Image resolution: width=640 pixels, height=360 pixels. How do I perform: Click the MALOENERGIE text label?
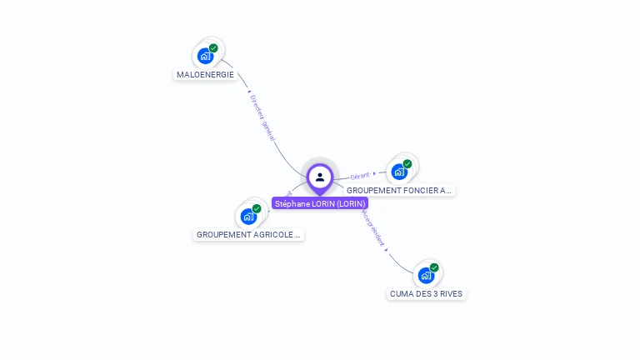(205, 74)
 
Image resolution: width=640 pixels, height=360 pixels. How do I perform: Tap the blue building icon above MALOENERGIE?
(205, 57)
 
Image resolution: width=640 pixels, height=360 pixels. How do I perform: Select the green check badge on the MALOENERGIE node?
(213, 48)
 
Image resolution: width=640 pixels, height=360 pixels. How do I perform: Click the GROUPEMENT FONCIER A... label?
(399, 190)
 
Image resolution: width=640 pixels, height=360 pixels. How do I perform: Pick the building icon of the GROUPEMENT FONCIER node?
(399, 172)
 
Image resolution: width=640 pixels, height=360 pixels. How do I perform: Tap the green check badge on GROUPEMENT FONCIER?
(407, 164)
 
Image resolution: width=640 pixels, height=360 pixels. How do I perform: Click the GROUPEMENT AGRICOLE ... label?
(248, 235)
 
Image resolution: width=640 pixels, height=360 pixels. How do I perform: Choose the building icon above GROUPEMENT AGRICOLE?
(248, 217)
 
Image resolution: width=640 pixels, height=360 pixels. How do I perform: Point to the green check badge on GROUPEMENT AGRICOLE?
(257, 208)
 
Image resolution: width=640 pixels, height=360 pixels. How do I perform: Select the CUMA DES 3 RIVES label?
(426, 293)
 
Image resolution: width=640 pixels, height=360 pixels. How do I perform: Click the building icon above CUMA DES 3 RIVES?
(426, 275)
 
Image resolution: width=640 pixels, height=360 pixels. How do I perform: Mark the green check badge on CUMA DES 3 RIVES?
(434, 267)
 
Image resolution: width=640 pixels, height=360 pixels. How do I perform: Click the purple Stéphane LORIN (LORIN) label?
(320, 203)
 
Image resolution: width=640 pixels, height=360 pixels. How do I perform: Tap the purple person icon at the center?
(320, 177)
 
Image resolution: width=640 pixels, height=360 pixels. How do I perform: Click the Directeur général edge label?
(262, 116)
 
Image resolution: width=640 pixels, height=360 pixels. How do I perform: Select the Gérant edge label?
(360, 176)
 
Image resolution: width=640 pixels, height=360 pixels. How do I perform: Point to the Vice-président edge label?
(374, 227)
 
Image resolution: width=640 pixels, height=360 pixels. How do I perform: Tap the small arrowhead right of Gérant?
(375, 173)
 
